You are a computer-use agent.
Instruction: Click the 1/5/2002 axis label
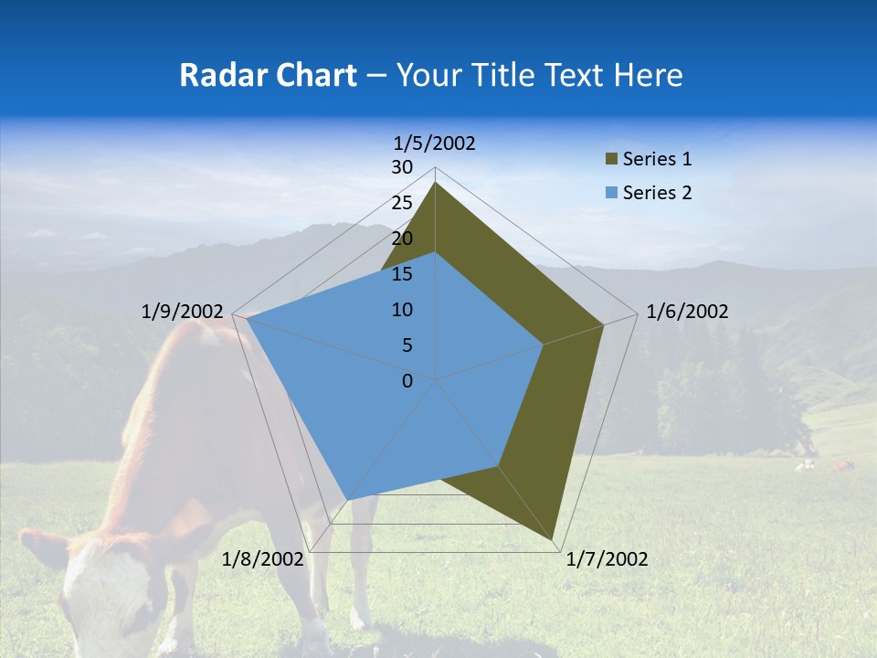pos(435,143)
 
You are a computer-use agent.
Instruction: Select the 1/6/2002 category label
pos(687,312)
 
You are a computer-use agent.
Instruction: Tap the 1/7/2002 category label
pos(607,558)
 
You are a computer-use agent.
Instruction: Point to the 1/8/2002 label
pos(262,558)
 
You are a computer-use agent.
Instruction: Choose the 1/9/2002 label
pos(182,312)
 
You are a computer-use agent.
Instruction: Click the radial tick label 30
pos(402,167)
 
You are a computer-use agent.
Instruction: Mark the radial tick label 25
pos(402,203)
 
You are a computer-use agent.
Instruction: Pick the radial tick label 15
pos(402,274)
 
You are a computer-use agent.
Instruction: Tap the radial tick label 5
pos(407,345)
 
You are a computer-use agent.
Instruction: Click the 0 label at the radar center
pos(407,381)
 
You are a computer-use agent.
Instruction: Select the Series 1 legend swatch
pos(611,160)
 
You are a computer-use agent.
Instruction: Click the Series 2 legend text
pos(657,193)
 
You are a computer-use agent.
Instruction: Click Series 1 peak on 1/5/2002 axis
pos(435,182)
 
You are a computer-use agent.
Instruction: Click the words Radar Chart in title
pos(268,75)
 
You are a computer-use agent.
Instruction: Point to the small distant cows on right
pos(822,466)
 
